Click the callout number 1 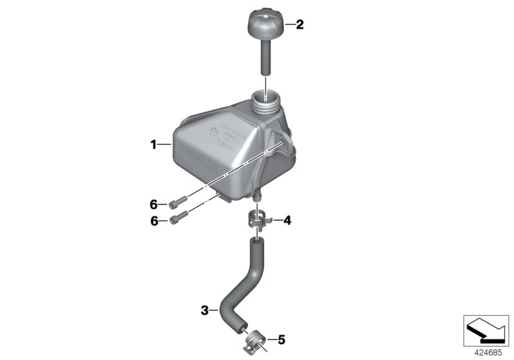[x=154, y=145]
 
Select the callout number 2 [x=299, y=25]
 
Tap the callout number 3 [x=205, y=311]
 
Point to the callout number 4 [x=287, y=221]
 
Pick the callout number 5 [x=279, y=338]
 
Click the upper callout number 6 [x=154, y=204]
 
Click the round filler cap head [x=264, y=26]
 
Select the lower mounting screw [x=178, y=219]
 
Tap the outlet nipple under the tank [x=258, y=195]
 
